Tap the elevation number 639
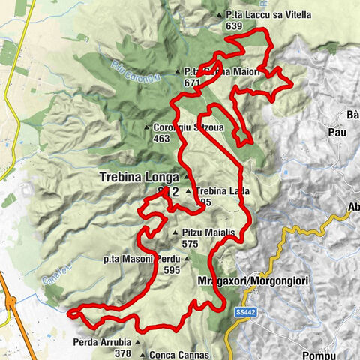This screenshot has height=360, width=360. pyautogui.click(x=233, y=25)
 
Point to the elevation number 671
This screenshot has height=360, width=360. pyautogui.click(x=193, y=82)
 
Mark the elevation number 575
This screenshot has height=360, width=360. pyautogui.click(x=189, y=244)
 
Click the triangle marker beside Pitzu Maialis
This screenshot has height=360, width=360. pyautogui.click(x=175, y=233)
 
